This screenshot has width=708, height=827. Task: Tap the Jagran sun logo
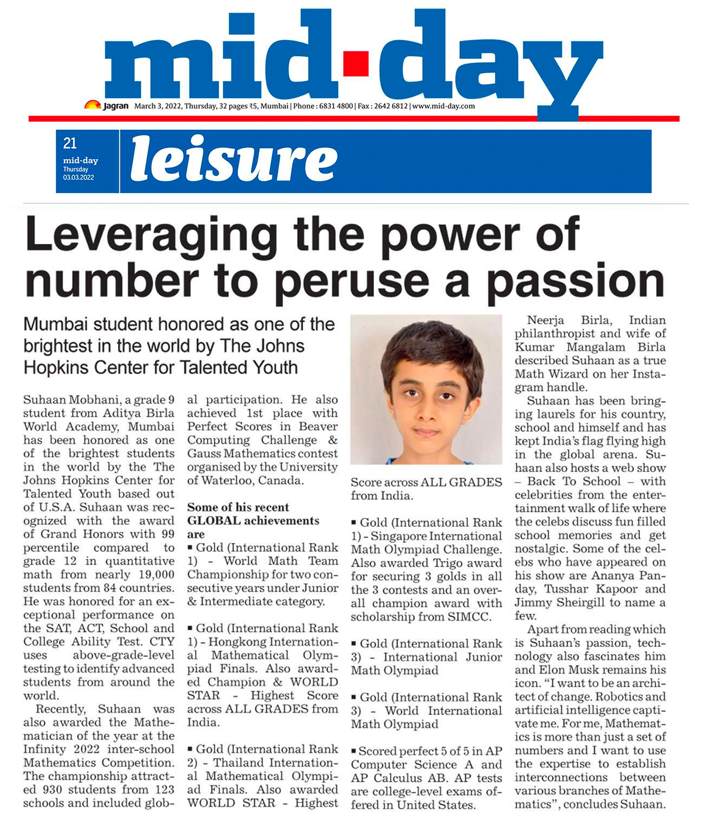(92, 105)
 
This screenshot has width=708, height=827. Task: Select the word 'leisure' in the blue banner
(234, 159)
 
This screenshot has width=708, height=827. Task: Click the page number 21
(70, 143)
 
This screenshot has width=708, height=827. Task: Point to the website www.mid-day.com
(443, 106)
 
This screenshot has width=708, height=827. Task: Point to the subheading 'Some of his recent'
(238, 507)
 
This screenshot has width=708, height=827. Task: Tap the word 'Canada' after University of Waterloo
(281, 480)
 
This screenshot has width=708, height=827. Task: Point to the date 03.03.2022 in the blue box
(79, 177)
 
